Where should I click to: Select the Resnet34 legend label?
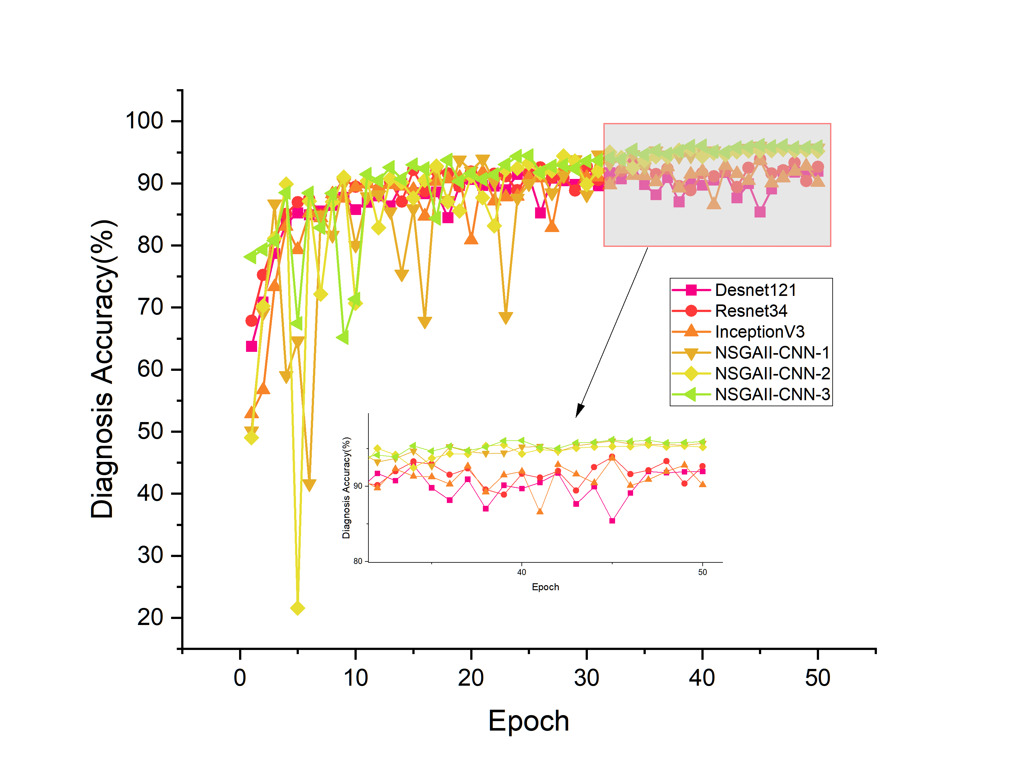751,311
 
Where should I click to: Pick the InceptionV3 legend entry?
760,332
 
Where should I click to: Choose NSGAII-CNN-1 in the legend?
772,353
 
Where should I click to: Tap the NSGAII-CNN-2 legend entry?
772,374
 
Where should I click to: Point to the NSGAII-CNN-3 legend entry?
772,395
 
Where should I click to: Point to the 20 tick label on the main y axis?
150,618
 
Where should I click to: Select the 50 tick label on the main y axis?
150,432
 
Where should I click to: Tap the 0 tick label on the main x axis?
240,678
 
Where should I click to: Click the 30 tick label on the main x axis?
586,678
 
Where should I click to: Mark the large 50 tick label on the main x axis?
817,678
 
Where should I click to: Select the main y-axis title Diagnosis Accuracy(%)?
102,369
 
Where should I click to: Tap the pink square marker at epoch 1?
251,346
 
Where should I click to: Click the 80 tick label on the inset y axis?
358,561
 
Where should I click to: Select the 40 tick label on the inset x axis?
521,573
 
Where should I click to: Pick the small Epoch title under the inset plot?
545,587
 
